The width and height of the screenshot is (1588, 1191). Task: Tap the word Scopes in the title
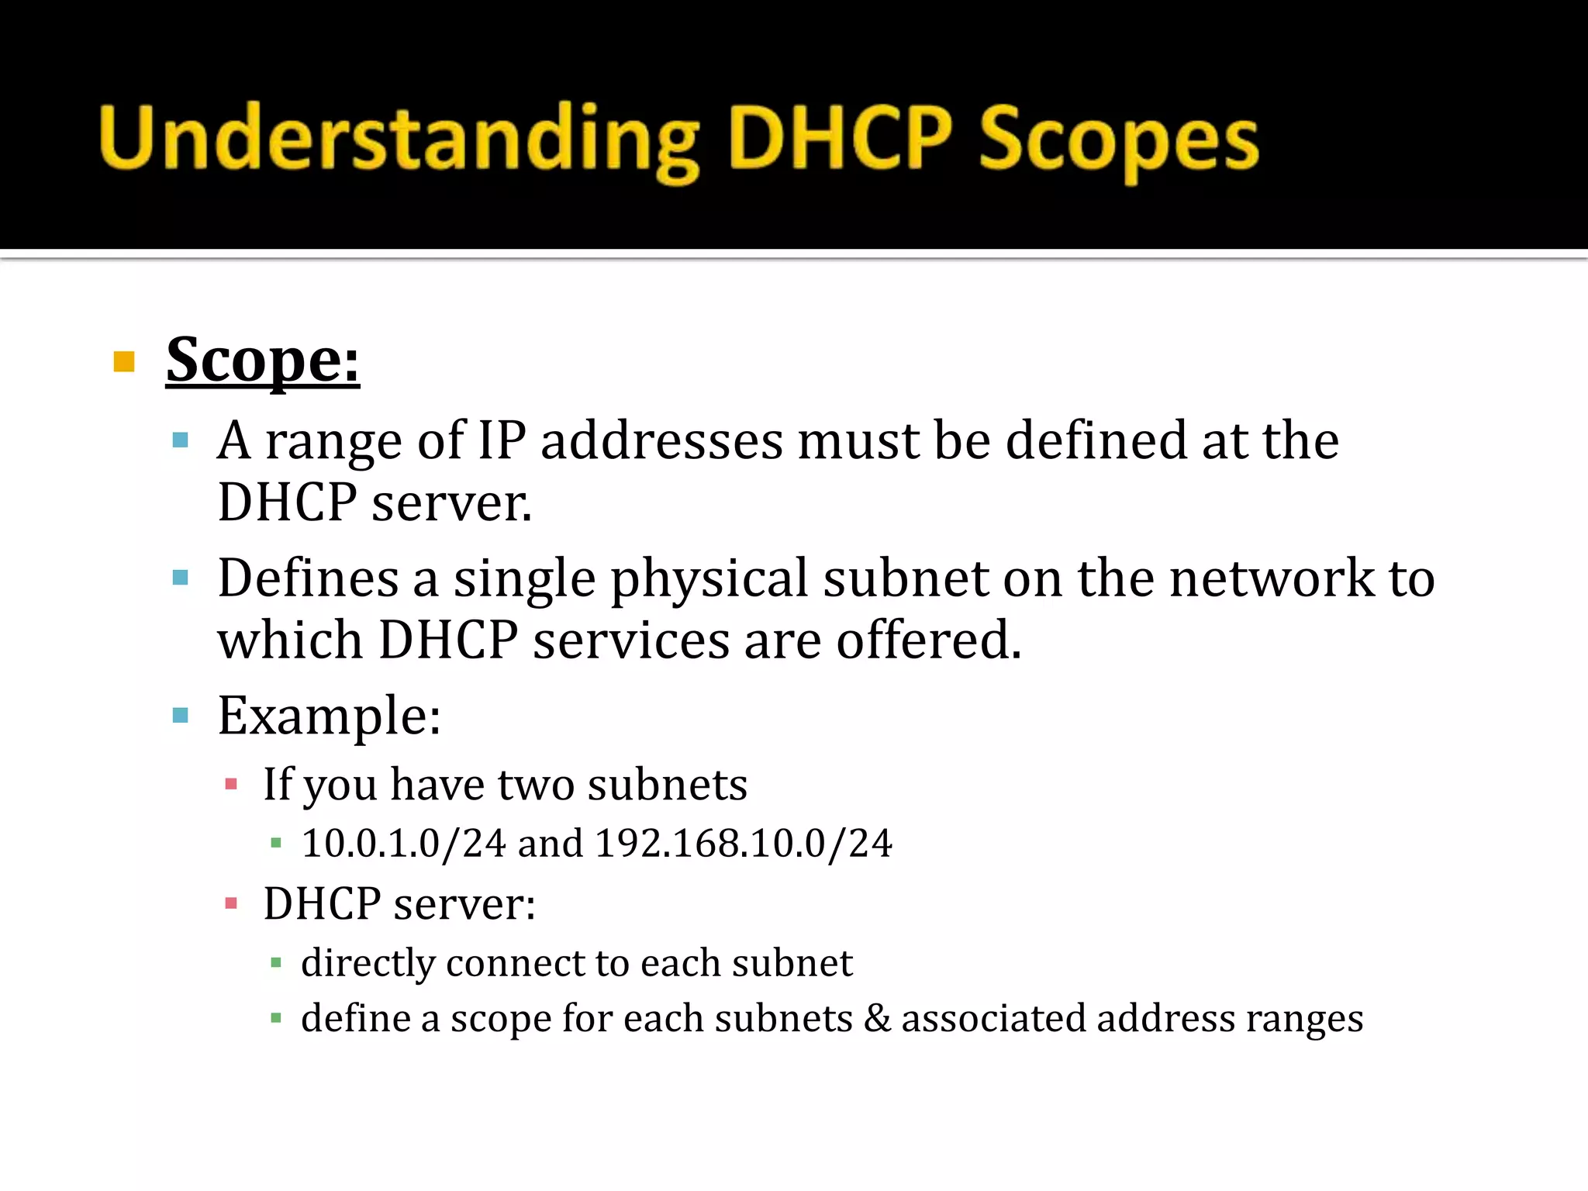[1118, 140]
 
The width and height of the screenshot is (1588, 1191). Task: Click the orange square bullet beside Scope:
[124, 361]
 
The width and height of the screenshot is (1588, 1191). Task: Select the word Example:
[330, 716]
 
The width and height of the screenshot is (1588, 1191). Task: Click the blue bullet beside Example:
[181, 715]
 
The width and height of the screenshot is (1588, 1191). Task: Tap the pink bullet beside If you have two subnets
[230, 784]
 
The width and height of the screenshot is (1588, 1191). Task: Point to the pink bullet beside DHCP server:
[230, 903]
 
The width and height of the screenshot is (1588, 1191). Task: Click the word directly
[368, 964]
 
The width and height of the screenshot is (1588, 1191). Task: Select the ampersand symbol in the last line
[877, 1018]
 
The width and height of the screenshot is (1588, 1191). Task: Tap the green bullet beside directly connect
[276, 963]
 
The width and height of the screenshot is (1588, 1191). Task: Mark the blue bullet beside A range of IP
[181, 441]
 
